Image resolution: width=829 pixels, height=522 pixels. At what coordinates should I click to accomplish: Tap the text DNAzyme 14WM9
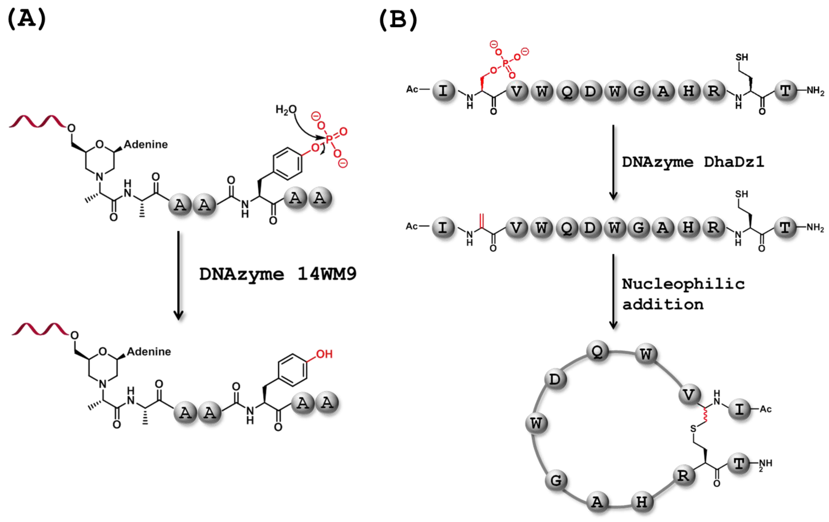pyautogui.click(x=278, y=274)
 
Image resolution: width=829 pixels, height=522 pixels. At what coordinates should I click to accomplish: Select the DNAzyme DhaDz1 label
pyautogui.click(x=693, y=162)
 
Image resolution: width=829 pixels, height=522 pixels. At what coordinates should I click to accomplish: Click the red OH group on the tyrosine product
pyautogui.click(x=324, y=354)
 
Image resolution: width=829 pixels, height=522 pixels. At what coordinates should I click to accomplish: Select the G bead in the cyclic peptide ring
pyautogui.click(x=556, y=480)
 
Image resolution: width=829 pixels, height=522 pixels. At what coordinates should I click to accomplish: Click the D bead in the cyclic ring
pyautogui.click(x=555, y=379)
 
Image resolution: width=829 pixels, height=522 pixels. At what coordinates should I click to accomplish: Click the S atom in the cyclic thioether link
pyautogui.click(x=693, y=429)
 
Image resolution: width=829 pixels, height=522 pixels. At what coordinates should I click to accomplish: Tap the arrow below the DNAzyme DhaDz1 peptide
pyautogui.click(x=613, y=162)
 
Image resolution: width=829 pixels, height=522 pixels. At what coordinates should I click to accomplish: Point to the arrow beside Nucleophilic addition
pyautogui.click(x=613, y=291)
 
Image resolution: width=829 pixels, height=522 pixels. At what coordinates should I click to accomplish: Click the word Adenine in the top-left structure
pyautogui.click(x=146, y=144)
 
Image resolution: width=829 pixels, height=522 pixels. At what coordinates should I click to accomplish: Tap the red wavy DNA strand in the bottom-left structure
pyautogui.click(x=40, y=329)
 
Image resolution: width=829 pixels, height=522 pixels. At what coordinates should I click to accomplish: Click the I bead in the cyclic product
pyautogui.click(x=739, y=409)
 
